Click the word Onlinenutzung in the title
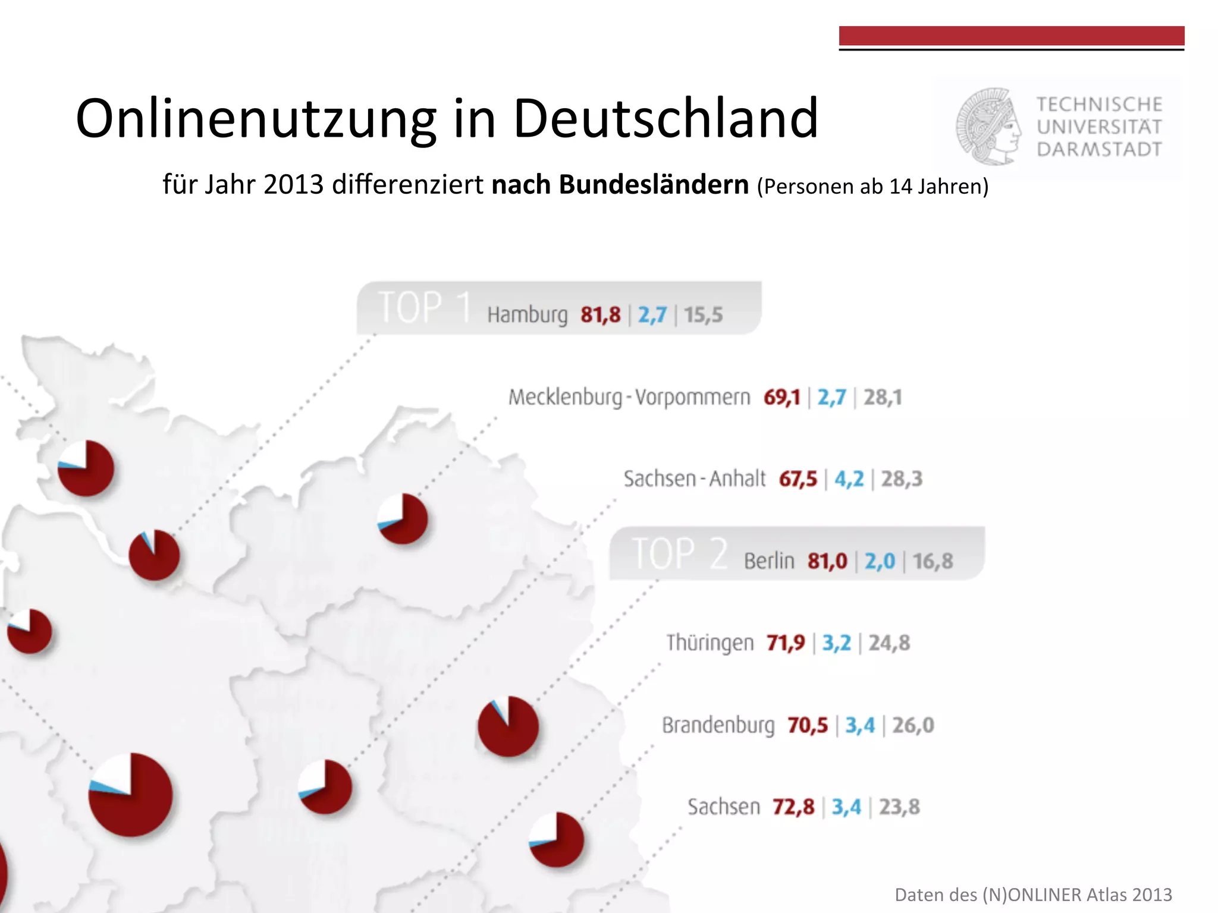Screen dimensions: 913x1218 pos(256,119)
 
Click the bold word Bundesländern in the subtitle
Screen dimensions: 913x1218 pos(620,185)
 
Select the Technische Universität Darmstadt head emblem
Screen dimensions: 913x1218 pos(988,127)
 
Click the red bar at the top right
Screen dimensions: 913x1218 pos(1011,36)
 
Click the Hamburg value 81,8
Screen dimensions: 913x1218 pos(600,314)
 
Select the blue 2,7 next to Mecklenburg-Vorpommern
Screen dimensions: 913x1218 pos(831,397)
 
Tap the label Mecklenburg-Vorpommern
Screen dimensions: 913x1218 pos(629,397)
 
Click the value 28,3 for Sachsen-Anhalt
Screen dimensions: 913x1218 pos(901,479)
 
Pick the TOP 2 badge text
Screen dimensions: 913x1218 pos(679,554)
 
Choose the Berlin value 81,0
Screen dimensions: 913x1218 pos(827,561)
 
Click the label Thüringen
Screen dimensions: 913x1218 pos(710,643)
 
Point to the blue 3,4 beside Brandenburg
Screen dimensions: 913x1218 pos(859,725)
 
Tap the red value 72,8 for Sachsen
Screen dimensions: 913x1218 pos(793,807)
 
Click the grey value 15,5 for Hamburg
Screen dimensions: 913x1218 pos(703,314)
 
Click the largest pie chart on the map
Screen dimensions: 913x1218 pos(131,795)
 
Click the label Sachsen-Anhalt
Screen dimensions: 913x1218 pos(694,479)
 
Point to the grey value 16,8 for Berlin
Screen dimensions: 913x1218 pos(932,561)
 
